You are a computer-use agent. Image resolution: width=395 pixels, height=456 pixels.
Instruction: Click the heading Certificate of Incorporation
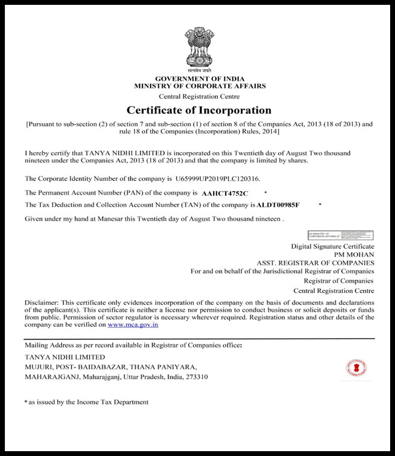(199, 110)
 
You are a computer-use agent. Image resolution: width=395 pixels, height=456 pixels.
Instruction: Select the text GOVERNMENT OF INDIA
(200, 79)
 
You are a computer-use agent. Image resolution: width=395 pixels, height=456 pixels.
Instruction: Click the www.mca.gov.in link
(133, 325)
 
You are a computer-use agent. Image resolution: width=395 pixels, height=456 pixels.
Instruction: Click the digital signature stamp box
(341, 235)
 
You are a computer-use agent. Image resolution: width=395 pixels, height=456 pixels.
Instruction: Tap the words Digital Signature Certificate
(333, 246)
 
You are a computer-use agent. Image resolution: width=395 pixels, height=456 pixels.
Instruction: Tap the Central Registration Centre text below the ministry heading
(199, 96)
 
